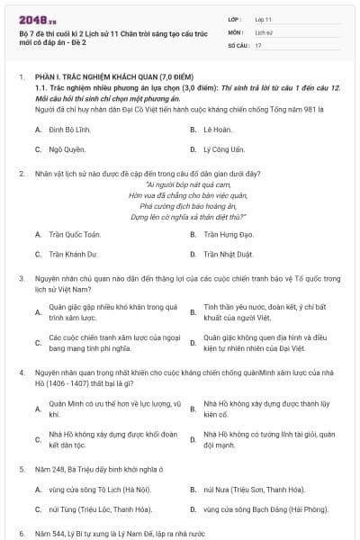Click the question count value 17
click(258, 44)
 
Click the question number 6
click(21, 534)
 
